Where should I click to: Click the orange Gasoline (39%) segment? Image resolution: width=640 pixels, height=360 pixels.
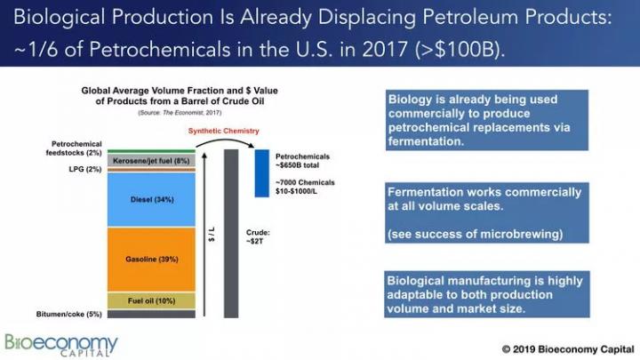151,260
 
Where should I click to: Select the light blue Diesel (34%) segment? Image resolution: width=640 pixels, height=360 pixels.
151,200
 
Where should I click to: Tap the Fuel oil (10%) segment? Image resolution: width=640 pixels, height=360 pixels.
151,300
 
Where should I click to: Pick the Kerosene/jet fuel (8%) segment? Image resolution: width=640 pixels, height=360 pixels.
151,160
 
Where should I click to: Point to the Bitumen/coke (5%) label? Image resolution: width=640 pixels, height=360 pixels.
69,314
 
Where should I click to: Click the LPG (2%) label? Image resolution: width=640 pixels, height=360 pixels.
85,169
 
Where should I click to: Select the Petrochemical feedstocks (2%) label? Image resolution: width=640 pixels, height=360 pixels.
74,148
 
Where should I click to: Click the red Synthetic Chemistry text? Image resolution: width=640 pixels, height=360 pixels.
224,131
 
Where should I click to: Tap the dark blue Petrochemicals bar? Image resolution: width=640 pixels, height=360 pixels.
262,173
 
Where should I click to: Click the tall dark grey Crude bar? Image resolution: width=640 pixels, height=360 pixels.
231,234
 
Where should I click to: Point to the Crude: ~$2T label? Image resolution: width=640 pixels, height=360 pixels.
258,236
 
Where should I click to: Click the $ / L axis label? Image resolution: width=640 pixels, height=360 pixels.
212,235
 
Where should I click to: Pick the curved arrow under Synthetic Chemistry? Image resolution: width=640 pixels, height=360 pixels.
225,140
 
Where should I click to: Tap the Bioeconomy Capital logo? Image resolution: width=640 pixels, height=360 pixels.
61,345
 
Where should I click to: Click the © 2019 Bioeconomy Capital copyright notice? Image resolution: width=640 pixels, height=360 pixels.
568,349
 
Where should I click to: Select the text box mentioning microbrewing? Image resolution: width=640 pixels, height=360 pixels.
487,213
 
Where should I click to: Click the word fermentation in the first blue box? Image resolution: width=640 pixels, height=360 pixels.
426,141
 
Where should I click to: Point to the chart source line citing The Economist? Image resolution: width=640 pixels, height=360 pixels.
180,113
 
